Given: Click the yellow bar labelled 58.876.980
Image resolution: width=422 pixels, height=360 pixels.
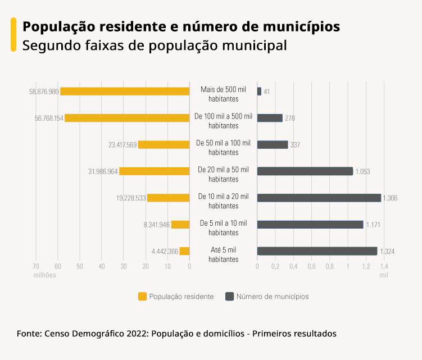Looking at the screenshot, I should pyautogui.click(x=125, y=92).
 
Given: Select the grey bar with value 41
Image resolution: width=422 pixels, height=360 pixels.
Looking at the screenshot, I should pyautogui.click(x=259, y=92).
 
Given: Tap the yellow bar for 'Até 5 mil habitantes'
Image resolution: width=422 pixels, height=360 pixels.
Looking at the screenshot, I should pyautogui.click(x=184, y=251).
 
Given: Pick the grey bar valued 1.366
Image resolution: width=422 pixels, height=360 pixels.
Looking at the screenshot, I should pyautogui.click(x=319, y=198).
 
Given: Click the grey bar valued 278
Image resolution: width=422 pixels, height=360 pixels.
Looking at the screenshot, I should pyautogui.click(x=270, y=118).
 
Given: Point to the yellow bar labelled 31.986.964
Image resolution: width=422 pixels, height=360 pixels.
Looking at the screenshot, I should pyautogui.click(x=154, y=171).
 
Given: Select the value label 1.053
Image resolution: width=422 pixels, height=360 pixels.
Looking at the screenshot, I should pyautogui.click(x=363, y=171).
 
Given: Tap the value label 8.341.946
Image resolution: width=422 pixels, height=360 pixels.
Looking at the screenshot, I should pyautogui.click(x=156, y=225).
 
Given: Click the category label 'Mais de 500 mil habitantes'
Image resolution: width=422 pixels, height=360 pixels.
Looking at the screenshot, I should pyautogui.click(x=223, y=94).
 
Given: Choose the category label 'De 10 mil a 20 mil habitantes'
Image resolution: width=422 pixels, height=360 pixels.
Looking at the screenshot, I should pyautogui.click(x=223, y=201).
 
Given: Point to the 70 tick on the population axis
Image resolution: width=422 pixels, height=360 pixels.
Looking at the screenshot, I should pyautogui.click(x=35, y=266).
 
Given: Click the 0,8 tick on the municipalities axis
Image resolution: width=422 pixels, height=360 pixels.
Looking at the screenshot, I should pyautogui.click(x=329, y=266).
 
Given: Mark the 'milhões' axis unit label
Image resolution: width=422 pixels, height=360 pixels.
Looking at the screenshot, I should pyautogui.click(x=44, y=275).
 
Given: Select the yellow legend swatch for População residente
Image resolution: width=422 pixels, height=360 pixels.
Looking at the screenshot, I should pyautogui.click(x=142, y=296).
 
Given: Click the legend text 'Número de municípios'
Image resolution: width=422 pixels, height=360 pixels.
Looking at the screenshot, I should pyautogui.click(x=272, y=296).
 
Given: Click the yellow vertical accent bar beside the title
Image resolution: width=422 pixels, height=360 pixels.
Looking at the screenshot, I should pyautogui.click(x=13, y=35).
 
